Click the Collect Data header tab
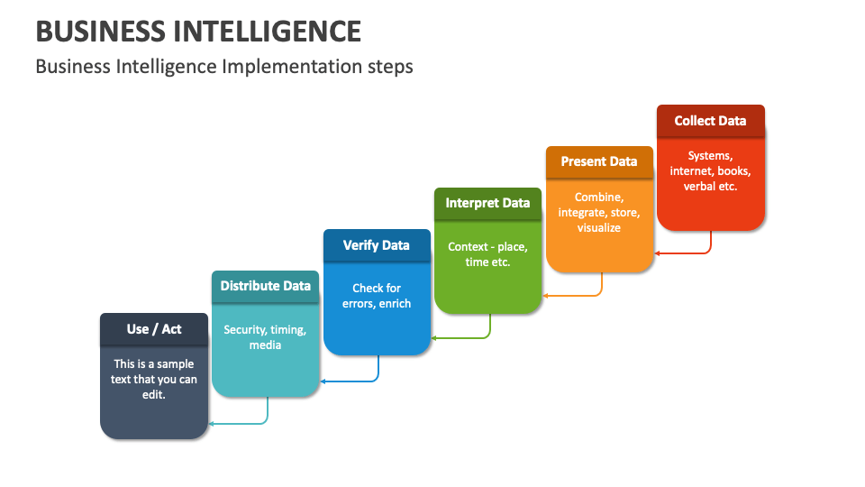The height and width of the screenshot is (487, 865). pos(710,121)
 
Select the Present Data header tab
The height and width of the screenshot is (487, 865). pos(598,161)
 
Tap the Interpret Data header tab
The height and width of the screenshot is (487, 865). pos(487,203)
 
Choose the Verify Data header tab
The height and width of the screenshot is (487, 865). pos(376,244)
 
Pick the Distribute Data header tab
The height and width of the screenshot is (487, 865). pos(265,286)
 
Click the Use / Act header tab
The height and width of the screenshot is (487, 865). pos(153,329)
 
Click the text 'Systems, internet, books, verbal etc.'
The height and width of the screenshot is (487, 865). pos(710,171)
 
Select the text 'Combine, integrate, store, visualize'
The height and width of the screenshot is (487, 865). pos(599,212)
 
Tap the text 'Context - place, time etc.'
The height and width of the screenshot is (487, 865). pos(487,254)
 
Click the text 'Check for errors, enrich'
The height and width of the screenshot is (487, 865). pos(377,296)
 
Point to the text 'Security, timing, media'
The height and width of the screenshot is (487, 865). pos(265,337)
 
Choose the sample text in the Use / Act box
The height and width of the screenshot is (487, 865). pos(153,380)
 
